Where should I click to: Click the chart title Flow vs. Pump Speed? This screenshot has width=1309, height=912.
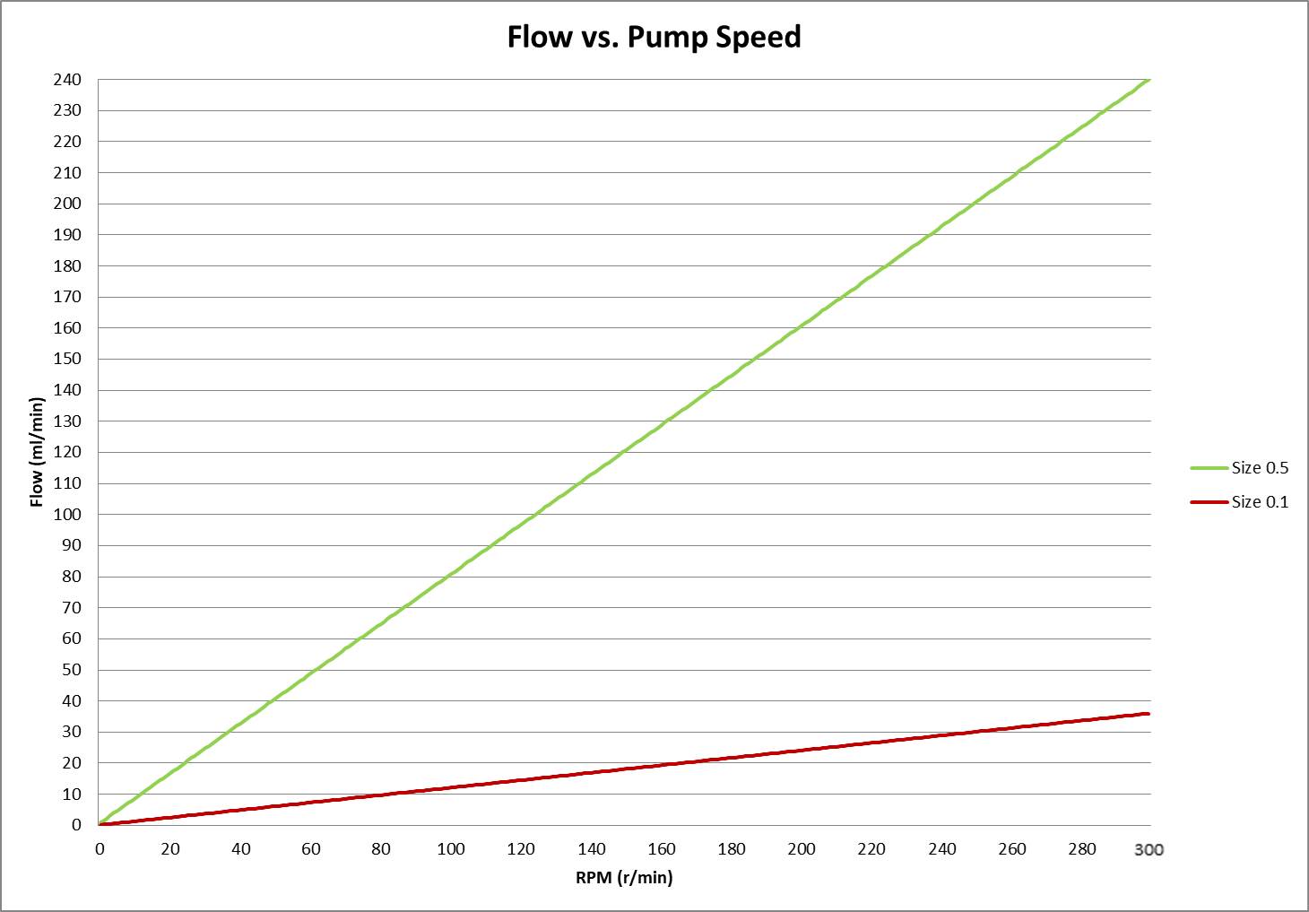point(654,37)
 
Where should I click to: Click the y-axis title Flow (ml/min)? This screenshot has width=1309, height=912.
point(37,452)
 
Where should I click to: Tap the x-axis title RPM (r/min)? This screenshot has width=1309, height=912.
point(624,877)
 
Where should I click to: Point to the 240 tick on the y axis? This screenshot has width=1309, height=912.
point(67,80)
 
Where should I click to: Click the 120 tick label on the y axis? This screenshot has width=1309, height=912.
point(67,452)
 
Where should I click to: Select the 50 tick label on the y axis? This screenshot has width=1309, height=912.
point(71,669)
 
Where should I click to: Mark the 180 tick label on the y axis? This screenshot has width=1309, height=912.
point(67,265)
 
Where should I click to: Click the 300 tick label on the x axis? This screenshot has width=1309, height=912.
point(1149,849)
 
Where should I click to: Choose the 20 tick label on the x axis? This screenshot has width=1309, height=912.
point(170,849)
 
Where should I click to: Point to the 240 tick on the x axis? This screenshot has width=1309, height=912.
point(942,849)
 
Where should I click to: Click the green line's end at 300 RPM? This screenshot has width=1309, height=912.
point(1148,80)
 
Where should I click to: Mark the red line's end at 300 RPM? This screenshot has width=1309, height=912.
point(1148,714)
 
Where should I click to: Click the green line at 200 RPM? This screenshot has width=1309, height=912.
point(801,327)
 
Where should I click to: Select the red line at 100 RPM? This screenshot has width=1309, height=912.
point(450,787)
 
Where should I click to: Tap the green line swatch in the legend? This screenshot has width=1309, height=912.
point(1209,468)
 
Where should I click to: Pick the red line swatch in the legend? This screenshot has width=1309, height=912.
point(1209,502)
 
